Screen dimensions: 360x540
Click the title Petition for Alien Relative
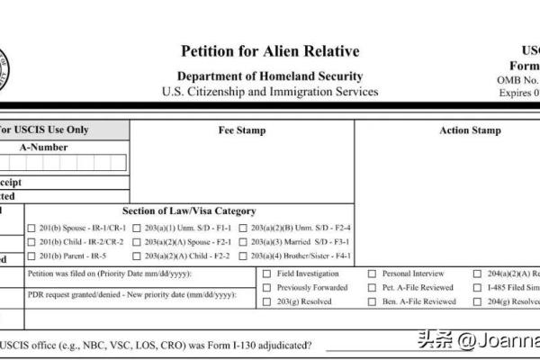pos(270,51)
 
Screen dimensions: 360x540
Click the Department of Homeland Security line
pos(270,76)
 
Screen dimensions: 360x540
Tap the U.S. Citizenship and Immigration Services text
pos(270,92)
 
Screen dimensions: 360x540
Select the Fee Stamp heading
pos(242,130)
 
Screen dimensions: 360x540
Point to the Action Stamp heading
pos(470,130)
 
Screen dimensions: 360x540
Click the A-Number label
pos(43,148)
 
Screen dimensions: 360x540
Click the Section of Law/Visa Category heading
pos(195,211)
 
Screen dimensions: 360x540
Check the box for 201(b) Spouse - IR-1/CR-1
pos(31,228)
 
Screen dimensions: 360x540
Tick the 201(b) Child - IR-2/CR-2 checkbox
pos(31,242)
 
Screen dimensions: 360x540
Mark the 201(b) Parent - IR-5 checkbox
pos(31,256)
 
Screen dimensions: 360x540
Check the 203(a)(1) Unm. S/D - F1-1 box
pos(137,228)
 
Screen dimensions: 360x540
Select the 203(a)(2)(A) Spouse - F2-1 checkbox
pos(137,242)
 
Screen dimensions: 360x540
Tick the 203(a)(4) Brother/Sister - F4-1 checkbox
pos(244,256)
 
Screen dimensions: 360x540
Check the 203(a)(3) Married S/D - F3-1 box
pos(244,242)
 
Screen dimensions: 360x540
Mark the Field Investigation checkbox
pos(266,274)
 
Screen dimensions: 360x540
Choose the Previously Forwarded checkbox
pos(266,288)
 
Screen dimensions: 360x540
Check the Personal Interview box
pos(372,274)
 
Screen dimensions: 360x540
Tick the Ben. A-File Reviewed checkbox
pos(372,302)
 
